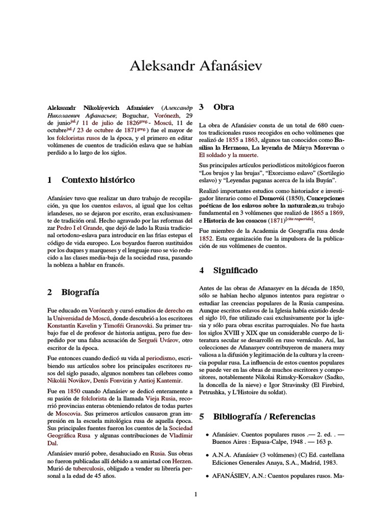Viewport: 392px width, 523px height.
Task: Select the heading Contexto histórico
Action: (x=98, y=180)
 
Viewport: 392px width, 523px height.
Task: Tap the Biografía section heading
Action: (x=80, y=292)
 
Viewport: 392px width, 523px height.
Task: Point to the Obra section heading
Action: (x=224, y=107)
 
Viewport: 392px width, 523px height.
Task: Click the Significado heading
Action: (x=235, y=270)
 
